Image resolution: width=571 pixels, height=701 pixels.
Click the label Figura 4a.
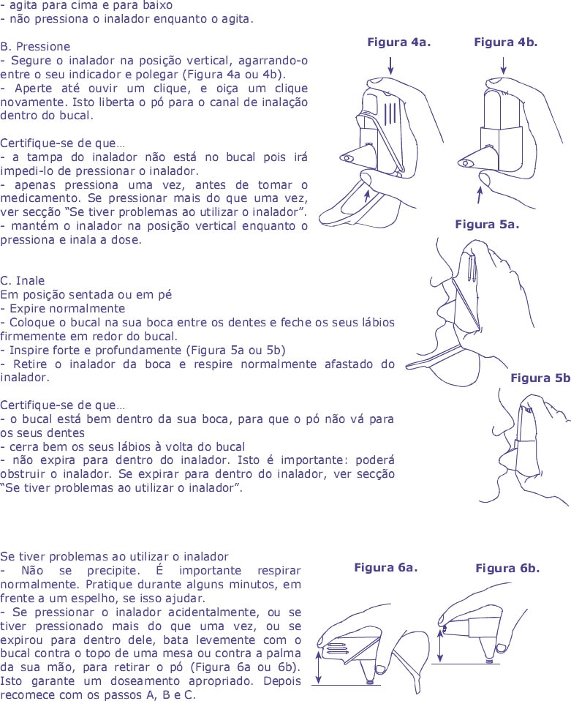coord(398,42)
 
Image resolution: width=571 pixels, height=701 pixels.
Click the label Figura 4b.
coord(505,42)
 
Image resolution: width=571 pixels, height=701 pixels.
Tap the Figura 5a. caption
coord(486,225)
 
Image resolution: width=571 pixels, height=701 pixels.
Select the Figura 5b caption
coord(540,378)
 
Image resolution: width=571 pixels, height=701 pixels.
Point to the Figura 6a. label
coord(385,568)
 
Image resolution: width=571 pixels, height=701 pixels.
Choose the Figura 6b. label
coord(507,569)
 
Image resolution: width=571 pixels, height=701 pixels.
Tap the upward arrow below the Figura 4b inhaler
coord(480,195)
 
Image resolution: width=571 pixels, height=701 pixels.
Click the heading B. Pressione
coord(36,45)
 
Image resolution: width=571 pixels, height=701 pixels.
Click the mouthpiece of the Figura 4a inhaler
coord(349,157)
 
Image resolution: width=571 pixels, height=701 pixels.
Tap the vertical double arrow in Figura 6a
coord(319,667)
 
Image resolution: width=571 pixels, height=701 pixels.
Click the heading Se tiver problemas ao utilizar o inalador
coord(115,557)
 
